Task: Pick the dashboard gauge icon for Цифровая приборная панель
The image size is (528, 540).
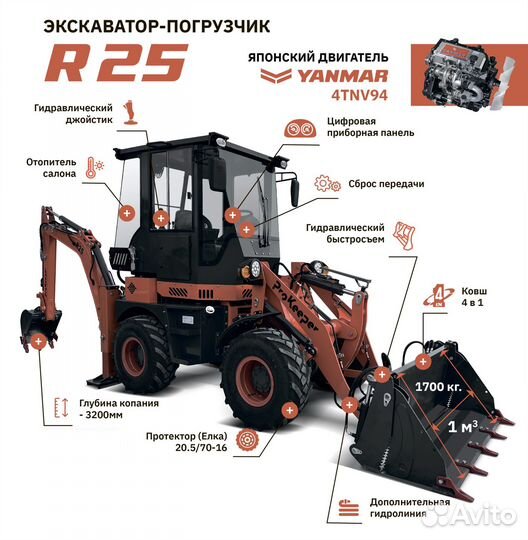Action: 296,130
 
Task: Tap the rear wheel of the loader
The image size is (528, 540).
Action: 143,355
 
